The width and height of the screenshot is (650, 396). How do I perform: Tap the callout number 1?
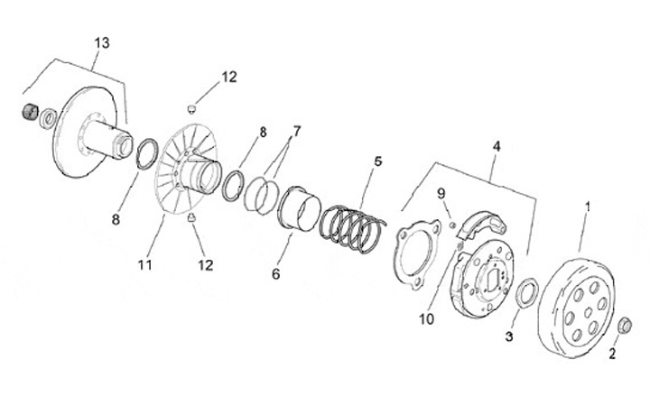[588, 207]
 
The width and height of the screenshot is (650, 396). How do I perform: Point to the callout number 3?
[508, 337]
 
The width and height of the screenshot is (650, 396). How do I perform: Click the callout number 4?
[496, 146]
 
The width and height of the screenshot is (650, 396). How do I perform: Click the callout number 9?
[441, 193]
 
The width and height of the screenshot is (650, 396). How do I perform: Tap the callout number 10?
[426, 319]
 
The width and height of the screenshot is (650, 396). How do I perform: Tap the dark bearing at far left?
[29, 113]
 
